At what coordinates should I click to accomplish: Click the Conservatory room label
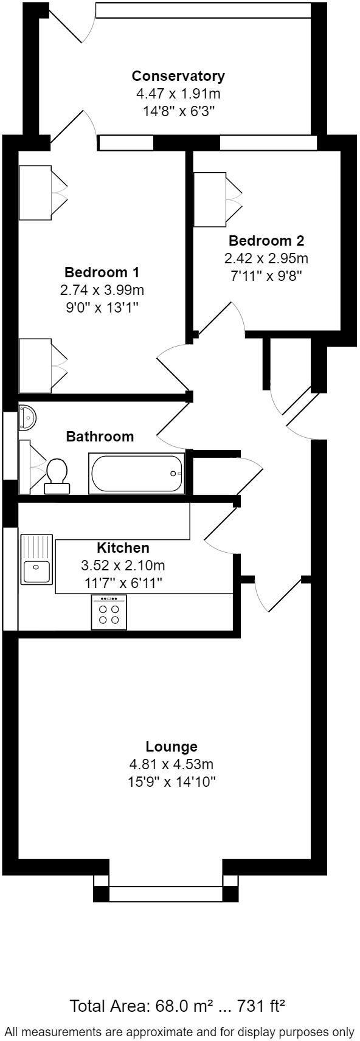(178, 76)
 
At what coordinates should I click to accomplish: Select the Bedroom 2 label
(266, 240)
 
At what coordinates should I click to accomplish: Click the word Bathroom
(100, 436)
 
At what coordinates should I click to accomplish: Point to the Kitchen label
(123, 547)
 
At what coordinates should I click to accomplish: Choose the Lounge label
(171, 746)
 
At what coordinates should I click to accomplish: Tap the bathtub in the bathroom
(136, 474)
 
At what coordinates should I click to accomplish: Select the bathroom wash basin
(27, 418)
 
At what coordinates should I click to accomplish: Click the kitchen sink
(37, 559)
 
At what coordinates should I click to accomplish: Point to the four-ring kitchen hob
(109, 612)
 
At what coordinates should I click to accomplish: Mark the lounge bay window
(165, 893)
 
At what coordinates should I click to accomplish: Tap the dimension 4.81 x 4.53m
(171, 764)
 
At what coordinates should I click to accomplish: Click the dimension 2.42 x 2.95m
(266, 258)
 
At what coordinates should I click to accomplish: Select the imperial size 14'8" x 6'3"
(178, 111)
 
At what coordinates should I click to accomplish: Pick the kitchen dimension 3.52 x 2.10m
(123, 565)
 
